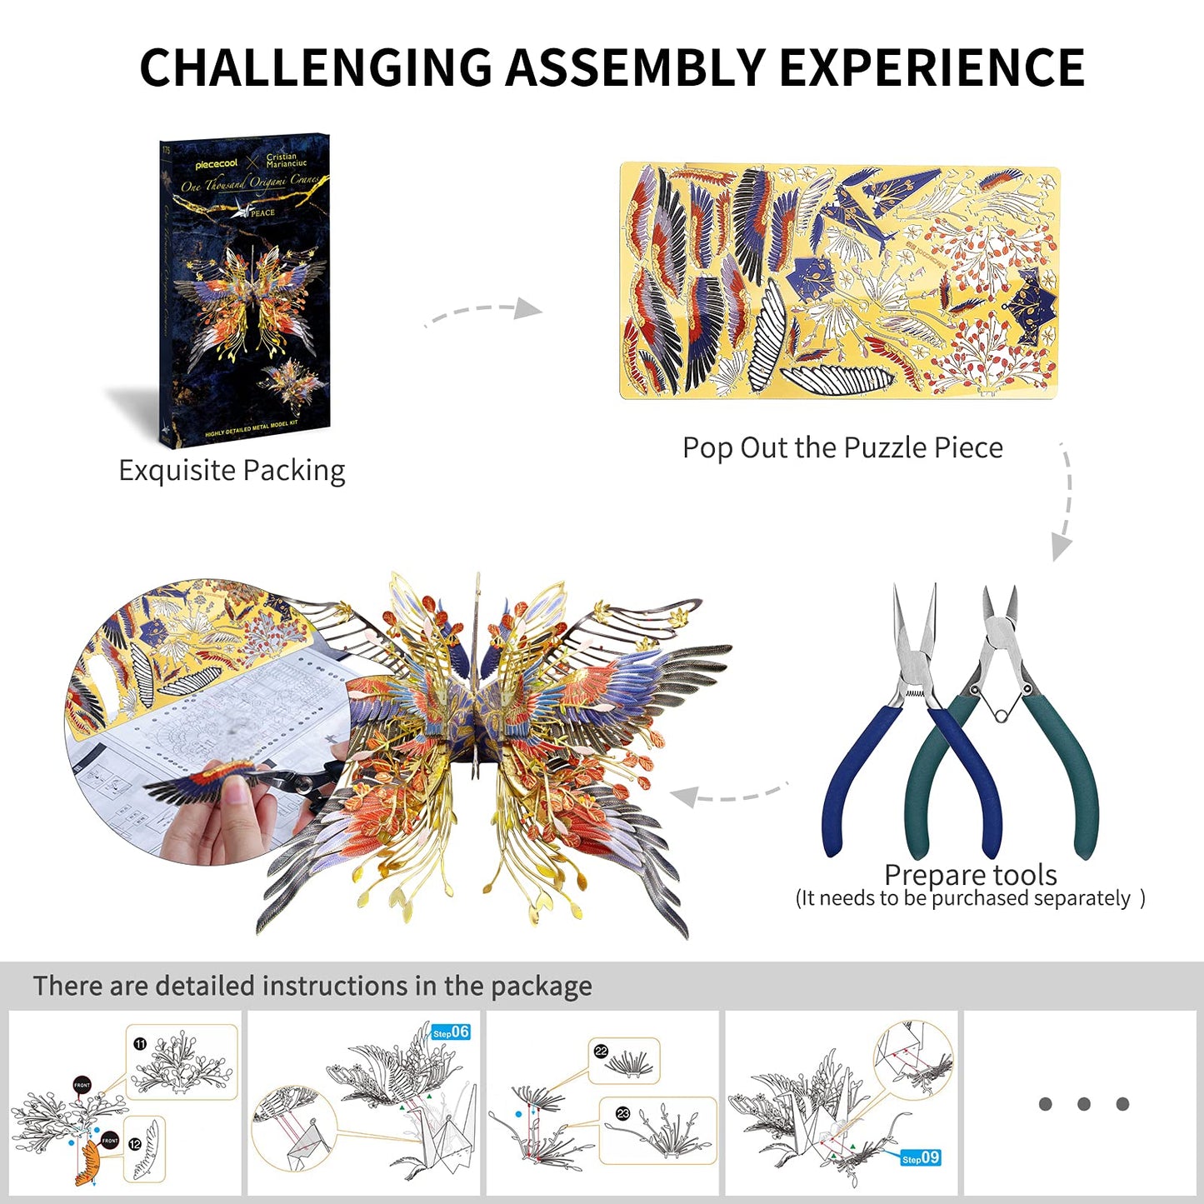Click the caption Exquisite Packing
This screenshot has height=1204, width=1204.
[232, 471]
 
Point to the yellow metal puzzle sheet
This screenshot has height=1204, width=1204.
[839, 282]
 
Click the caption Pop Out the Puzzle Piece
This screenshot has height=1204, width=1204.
[842, 448]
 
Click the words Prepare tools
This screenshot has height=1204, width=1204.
[970, 874]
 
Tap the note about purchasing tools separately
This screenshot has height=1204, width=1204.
[970, 898]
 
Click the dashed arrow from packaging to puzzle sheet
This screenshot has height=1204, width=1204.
[483, 312]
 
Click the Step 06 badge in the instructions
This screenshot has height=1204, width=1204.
[451, 1032]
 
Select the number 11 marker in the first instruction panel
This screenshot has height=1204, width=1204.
[140, 1044]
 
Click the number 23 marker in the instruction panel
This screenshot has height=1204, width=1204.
[622, 1114]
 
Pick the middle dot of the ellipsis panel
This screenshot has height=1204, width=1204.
[1084, 1104]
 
